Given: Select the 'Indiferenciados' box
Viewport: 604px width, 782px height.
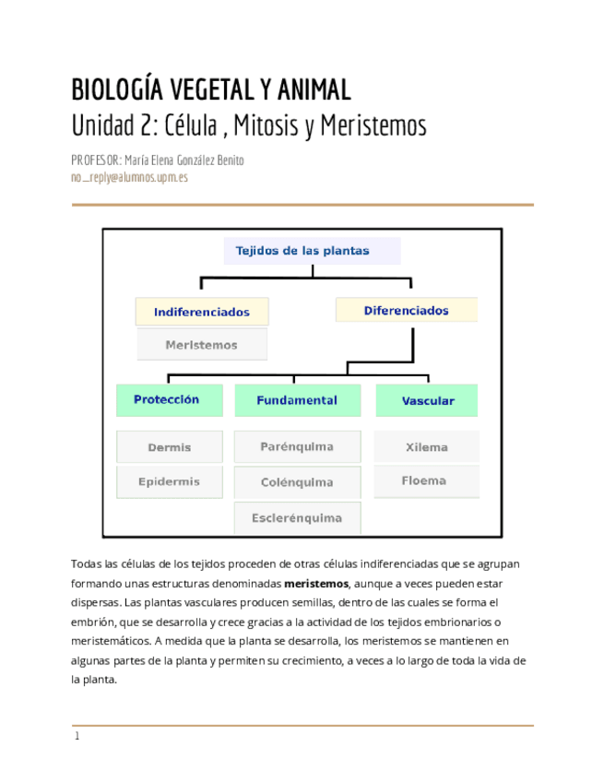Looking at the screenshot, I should [x=202, y=312].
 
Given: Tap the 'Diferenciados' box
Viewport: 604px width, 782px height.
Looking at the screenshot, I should [x=406, y=310].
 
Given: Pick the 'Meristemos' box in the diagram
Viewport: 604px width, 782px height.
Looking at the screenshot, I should [x=202, y=345].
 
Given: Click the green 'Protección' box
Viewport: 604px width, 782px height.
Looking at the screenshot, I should [x=170, y=400].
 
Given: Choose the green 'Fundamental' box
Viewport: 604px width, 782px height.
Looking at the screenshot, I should [x=297, y=401].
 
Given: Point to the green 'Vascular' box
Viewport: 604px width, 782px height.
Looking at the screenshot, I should [x=427, y=401].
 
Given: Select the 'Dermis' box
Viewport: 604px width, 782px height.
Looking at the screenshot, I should [x=170, y=447].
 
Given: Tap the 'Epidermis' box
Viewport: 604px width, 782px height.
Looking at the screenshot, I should [x=170, y=481].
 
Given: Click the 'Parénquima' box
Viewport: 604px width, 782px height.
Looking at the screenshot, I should [x=297, y=447].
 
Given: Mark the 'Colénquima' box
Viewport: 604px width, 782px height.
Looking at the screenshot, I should [x=297, y=482].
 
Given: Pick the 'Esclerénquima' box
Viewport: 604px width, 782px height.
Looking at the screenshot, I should [x=297, y=518].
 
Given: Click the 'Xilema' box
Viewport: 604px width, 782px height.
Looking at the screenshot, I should [x=426, y=447].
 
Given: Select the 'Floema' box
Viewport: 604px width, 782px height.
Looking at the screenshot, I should [x=424, y=480].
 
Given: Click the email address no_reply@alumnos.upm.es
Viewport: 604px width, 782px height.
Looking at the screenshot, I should [x=129, y=177].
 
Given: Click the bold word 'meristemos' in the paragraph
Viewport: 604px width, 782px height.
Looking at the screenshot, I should [x=316, y=583].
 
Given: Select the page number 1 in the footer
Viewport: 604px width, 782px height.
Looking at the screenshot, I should [x=77, y=736].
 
